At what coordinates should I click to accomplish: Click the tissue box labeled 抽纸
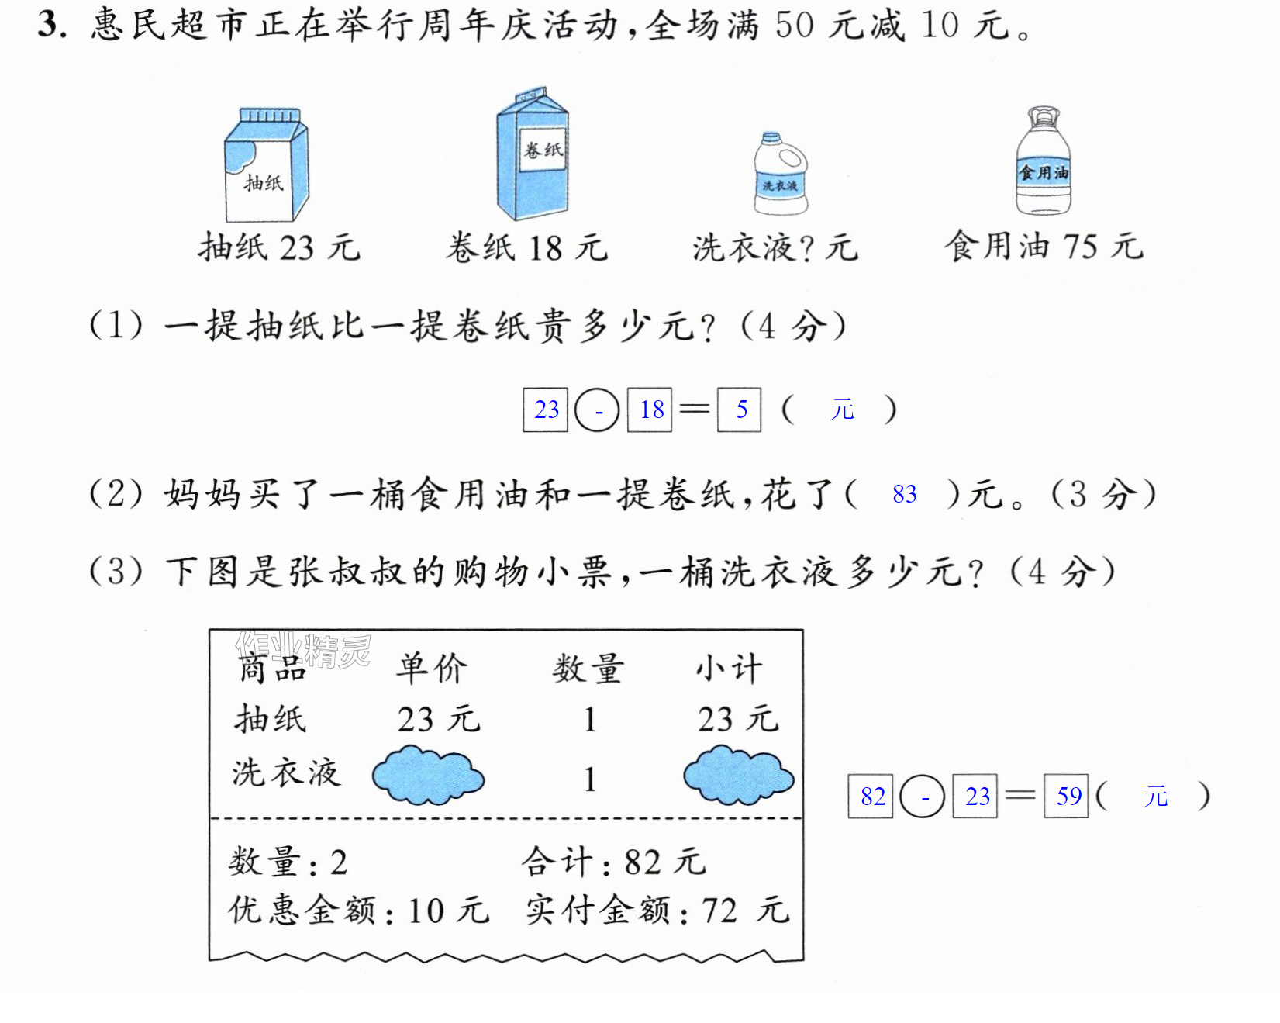click(x=266, y=164)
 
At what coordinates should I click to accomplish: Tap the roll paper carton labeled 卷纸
click(x=533, y=154)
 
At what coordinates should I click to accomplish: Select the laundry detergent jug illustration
click(x=781, y=174)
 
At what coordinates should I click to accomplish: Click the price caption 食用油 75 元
click(x=1044, y=247)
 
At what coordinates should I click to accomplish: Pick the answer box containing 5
click(x=740, y=410)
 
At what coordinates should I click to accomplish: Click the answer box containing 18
click(x=650, y=410)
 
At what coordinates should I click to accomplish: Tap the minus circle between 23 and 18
click(x=597, y=410)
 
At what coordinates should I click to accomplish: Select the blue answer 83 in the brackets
click(x=905, y=494)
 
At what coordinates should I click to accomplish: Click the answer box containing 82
click(x=871, y=796)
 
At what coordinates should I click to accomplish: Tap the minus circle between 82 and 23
click(x=922, y=796)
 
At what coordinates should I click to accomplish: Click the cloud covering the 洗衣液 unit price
click(x=428, y=775)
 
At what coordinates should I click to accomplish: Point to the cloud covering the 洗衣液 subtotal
click(x=738, y=775)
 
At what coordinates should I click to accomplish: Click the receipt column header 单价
click(x=432, y=668)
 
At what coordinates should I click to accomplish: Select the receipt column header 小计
click(x=729, y=668)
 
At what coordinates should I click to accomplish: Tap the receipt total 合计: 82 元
click(x=614, y=862)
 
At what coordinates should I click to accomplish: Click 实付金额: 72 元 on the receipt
click(x=657, y=910)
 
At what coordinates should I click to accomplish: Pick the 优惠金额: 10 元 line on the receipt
click(x=359, y=910)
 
